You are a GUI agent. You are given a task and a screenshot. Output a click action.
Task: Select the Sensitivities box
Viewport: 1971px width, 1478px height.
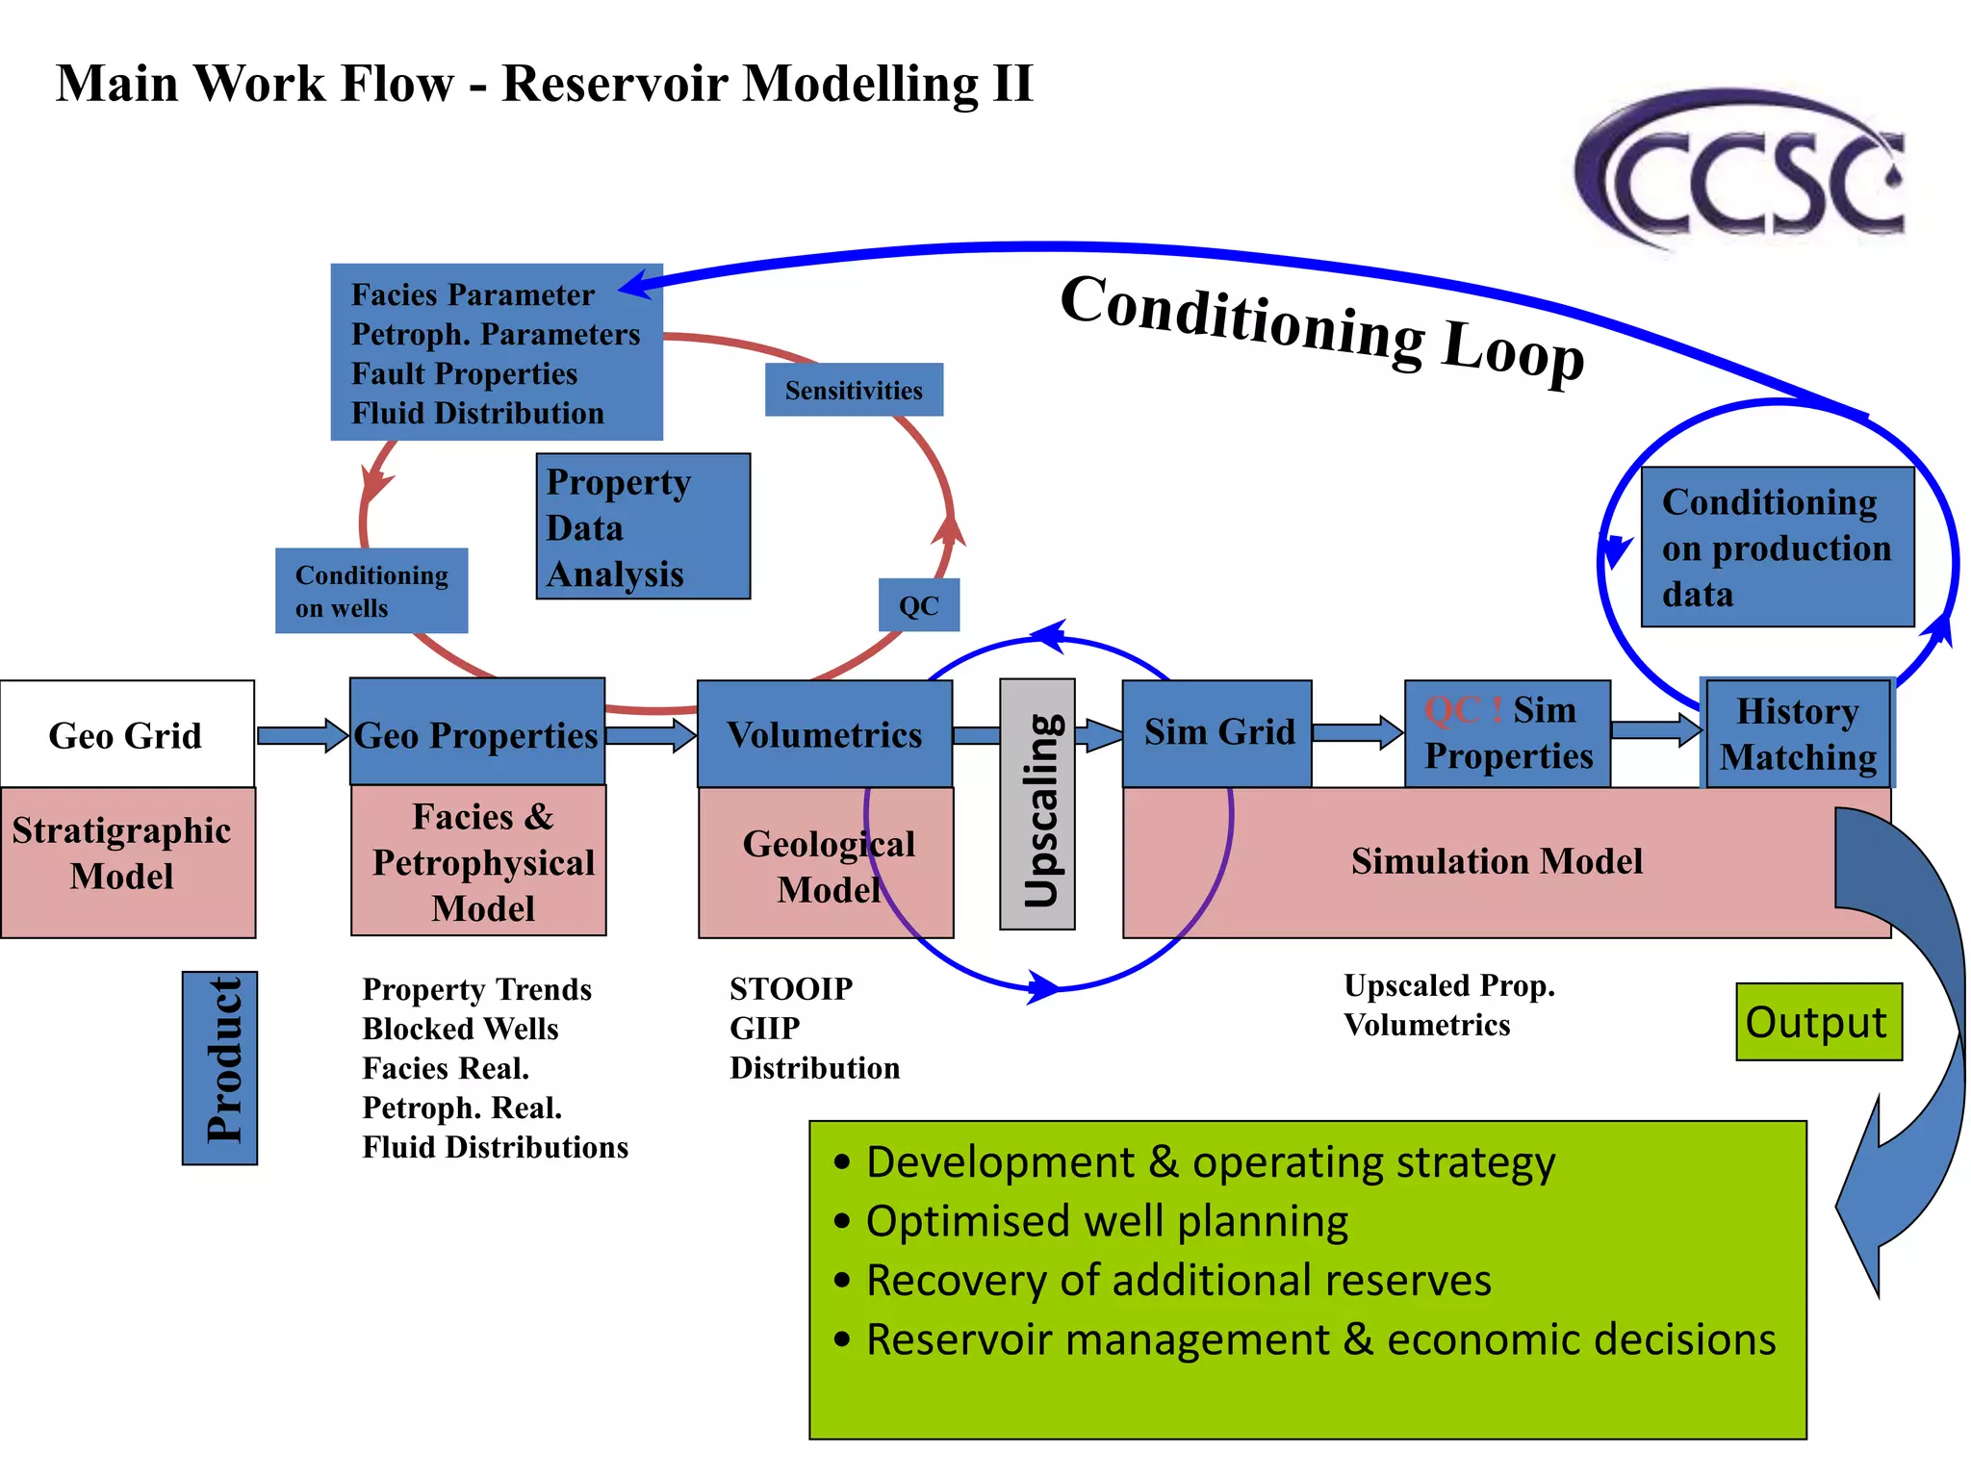tap(854, 390)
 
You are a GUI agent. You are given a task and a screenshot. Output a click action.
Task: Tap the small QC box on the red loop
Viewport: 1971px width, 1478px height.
tap(918, 605)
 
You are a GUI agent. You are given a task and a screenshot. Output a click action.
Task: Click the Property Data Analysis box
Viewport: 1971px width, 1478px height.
tap(643, 526)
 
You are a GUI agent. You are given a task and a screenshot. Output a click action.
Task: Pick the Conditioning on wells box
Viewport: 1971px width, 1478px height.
tap(371, 591)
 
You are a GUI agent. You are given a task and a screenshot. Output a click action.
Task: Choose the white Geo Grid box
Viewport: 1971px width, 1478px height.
tap(127, 734)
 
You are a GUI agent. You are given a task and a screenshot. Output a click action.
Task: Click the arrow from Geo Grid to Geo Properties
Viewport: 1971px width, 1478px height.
tap(301, 736)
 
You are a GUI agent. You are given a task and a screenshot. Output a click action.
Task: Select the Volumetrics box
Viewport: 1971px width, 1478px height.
tap(824, 734)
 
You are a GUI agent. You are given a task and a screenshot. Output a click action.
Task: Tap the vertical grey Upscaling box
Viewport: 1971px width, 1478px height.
tap(1037, 804)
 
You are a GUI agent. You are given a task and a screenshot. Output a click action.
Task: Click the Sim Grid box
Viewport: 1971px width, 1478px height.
tap(1217, 732)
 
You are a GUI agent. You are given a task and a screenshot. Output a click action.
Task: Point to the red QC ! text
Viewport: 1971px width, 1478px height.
tap(1463, 710)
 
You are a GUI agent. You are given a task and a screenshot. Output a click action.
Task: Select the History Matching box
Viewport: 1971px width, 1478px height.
tap(1797, 733)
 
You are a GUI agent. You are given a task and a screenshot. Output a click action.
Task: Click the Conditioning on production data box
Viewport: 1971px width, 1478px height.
tap(1777, 548)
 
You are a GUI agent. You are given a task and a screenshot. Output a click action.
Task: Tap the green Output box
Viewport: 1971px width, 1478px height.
tap(1818, 1022)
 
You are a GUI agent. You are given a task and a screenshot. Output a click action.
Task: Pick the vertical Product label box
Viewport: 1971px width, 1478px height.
tap(220, 1067)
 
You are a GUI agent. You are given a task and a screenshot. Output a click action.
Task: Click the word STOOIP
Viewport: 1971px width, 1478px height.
tap(791, 989)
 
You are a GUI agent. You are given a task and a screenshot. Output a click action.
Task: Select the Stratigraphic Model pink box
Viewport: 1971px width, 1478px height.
tap(127, 861)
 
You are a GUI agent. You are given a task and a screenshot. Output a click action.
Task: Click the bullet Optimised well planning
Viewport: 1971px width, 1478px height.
tap(1107, 1221)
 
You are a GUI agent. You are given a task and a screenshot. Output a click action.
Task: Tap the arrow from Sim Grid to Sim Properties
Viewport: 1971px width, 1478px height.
tap(1357, 732)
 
